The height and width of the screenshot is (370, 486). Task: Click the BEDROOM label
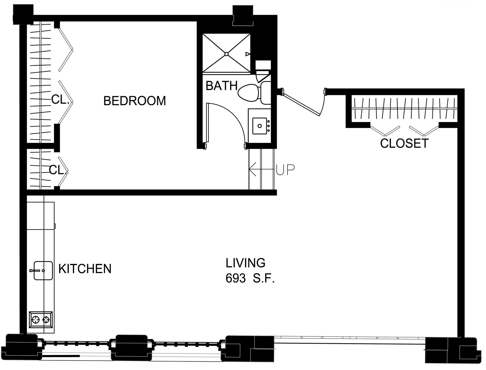click(x=135, y=101)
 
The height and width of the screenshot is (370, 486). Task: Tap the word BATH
click(x=222, y=86)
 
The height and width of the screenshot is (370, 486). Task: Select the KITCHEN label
click(x=85, y=269)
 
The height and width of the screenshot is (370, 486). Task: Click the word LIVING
click(x=245, y=263)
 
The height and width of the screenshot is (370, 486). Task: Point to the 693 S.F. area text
click(x=250, y=278)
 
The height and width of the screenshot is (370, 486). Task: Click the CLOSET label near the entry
click(x=404, y=143)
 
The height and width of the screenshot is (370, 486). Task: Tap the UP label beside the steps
click(x=285, y=170)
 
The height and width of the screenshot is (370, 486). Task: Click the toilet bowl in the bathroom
click(x=247, y=93)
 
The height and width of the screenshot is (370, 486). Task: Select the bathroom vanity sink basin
click(x=259, y=126)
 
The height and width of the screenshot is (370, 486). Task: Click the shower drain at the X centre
click(x=226, y=54)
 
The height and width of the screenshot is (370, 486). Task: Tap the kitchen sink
click(x=43, y=271)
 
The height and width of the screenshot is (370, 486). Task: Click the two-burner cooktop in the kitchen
click(x=41, y=320)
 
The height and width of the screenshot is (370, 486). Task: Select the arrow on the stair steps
click(x=261, y=169)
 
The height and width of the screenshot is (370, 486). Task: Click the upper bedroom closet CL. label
click(x=60, y=100)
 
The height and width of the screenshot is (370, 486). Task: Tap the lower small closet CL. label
click(x=58, y=170)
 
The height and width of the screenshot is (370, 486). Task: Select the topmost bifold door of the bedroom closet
click(x=66, y=49)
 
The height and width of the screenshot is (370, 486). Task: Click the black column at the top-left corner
click(x=23, y=15)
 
